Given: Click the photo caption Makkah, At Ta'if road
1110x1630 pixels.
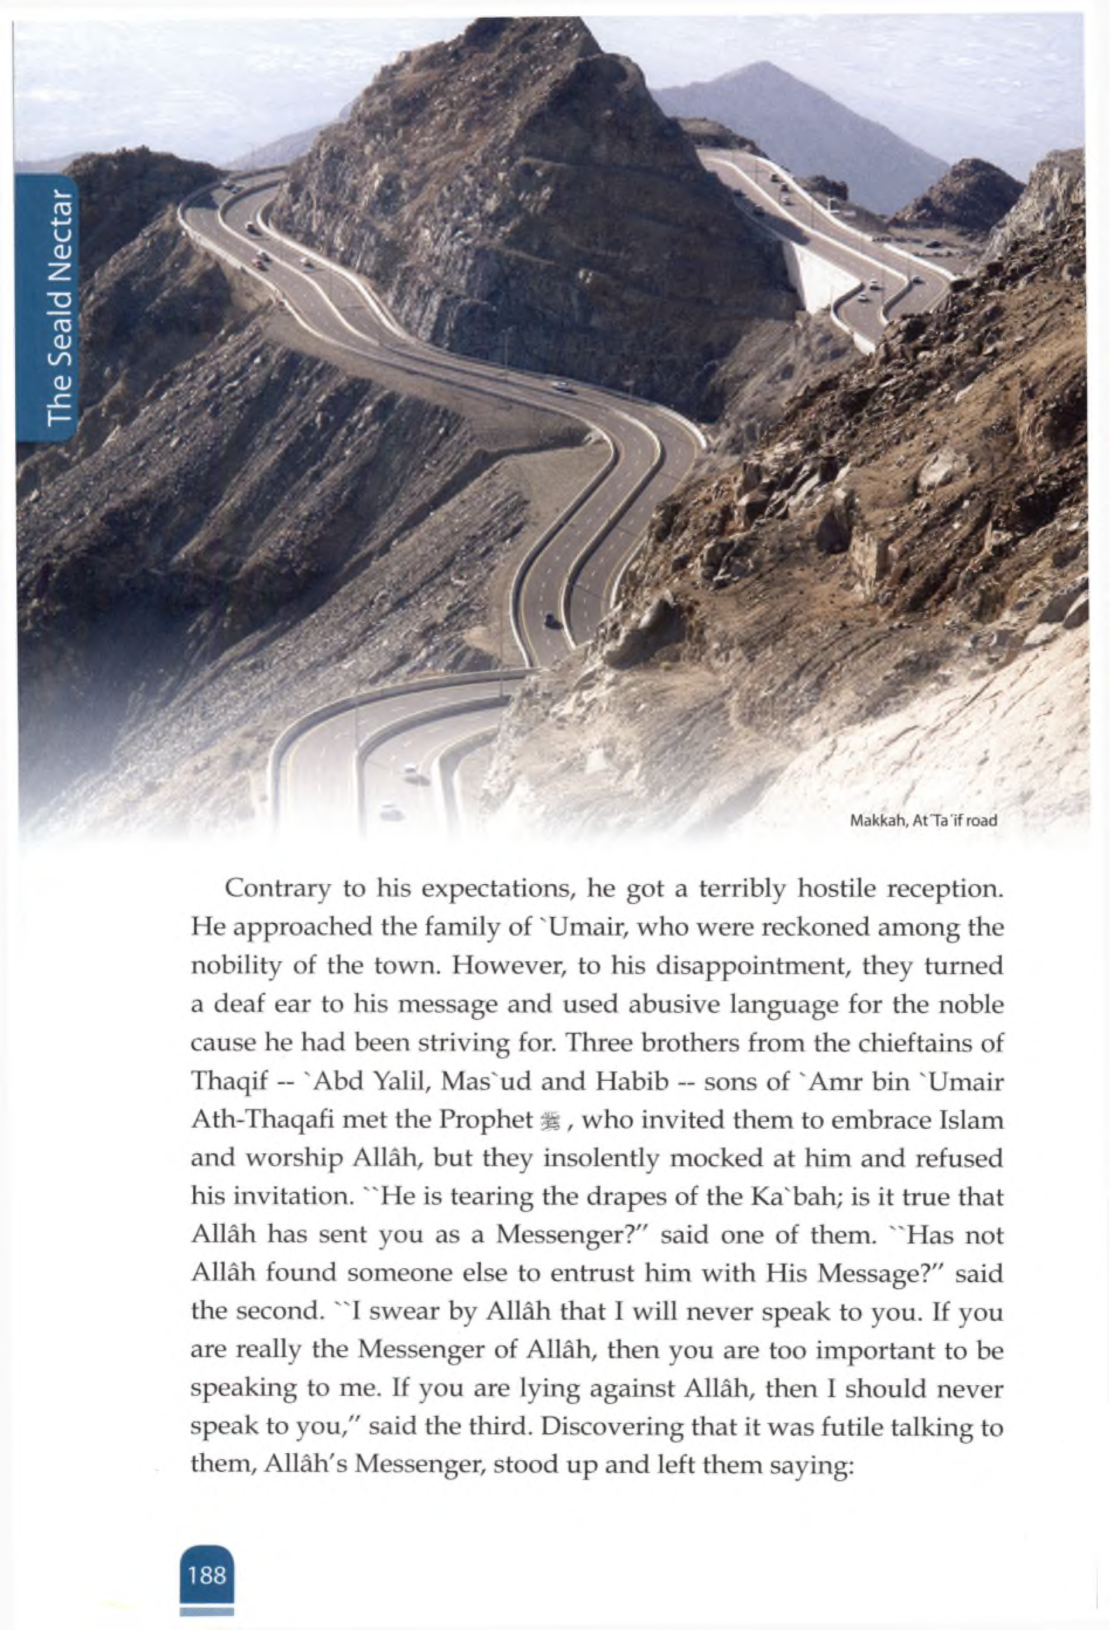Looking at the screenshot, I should click(923, 821).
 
